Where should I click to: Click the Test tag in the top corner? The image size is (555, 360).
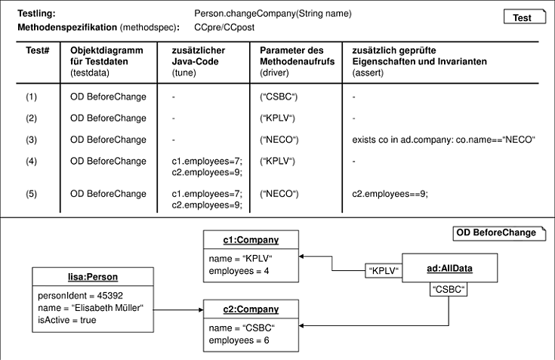point(525,17)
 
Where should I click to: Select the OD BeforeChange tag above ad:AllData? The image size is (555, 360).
point(499,233)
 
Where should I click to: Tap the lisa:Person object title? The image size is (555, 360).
point(93,277)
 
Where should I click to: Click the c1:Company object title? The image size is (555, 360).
point(251,240)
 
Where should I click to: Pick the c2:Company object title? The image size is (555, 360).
point(251,309)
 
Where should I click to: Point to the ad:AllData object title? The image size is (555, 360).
point(449,269)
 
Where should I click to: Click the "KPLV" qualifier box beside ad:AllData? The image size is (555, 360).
point(384,271)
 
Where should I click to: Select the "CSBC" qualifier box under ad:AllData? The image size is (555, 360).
point(449,289)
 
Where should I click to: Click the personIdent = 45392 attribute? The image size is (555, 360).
point(80,296)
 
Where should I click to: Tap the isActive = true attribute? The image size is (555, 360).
point(67,320)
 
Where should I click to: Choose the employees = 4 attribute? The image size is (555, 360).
point(239,271)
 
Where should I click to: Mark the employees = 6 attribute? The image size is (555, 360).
point(239,340)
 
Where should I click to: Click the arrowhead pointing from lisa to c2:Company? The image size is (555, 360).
point(201,310)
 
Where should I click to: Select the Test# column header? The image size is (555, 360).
point(37,51)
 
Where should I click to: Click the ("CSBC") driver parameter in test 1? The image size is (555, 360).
point(279,97)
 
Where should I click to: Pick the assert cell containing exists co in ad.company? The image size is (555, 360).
point(443,140)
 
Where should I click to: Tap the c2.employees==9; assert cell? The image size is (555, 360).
point(390,194)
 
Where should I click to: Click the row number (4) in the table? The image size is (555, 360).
point(31,162)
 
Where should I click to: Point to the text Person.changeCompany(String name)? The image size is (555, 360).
point(273,14)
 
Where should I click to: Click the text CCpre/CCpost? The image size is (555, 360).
point(224,28)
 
